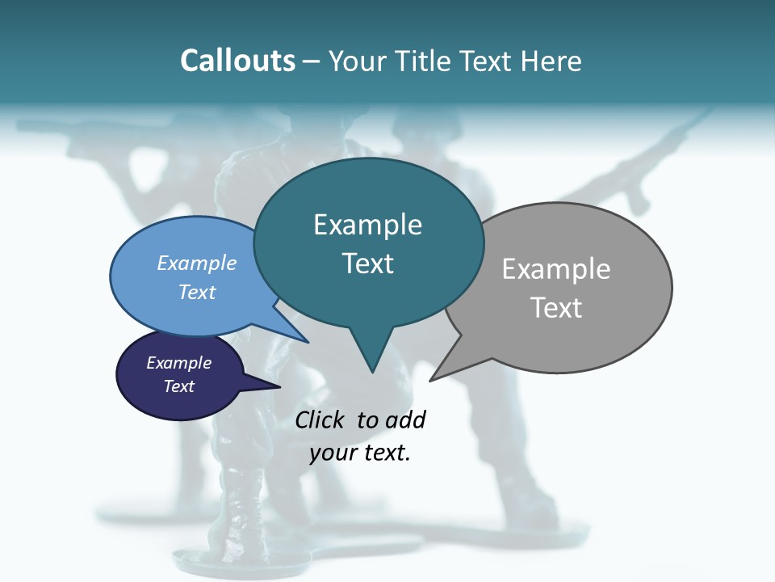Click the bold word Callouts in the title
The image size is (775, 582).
click(x=237, y=61)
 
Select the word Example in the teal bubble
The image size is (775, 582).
click(x=367, y=225)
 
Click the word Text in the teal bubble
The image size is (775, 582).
click(x=367, y=264)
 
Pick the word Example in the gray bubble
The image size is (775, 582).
click(x=556, y=269)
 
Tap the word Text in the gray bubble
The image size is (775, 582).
click(x=556, y=308)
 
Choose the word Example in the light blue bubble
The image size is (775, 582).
click(x=197, y=263)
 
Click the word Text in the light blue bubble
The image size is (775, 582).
click(x=197, y=292)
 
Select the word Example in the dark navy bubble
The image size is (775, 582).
click(x=178, y=363)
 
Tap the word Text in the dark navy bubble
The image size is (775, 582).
click(x=178, y=386)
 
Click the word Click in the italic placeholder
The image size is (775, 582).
click(x=320, y=420)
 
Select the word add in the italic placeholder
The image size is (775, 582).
click(x=404, y=420)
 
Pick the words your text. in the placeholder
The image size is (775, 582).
click(x=360, y=453)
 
